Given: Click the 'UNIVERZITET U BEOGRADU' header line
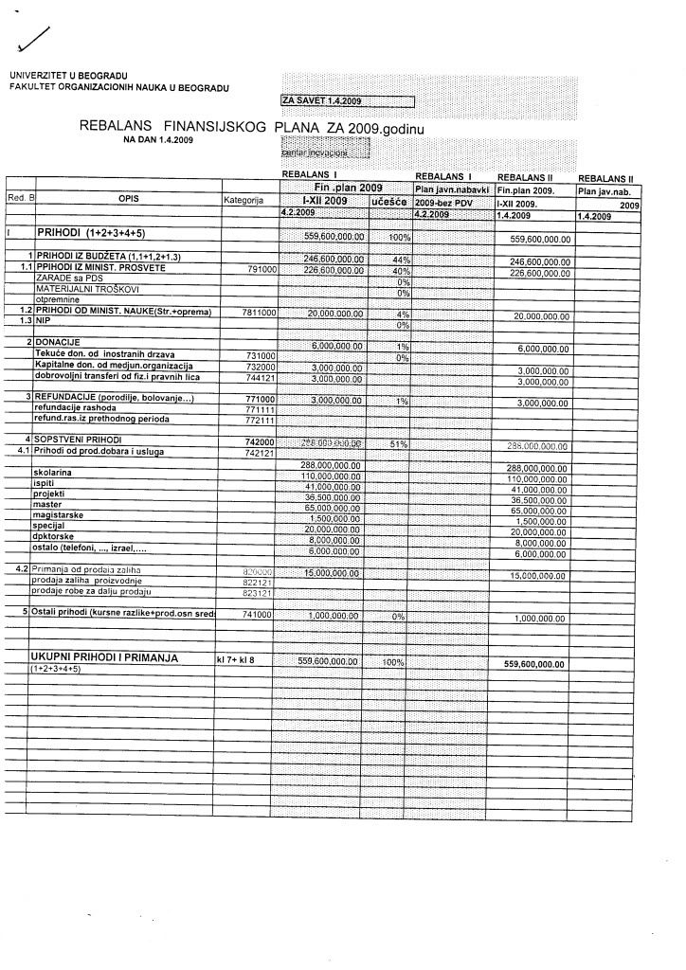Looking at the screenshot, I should coord(69,76).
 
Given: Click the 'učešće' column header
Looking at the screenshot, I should coord(388,202).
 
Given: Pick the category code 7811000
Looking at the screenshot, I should coord(258,313).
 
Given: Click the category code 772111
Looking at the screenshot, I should coord(260,420).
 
